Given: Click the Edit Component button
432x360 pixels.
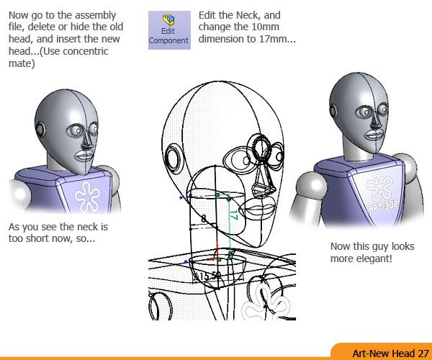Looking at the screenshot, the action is point(169,30).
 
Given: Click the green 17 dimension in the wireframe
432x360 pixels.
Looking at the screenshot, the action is point(233,215).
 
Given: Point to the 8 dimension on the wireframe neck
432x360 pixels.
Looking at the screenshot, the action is point(204,219).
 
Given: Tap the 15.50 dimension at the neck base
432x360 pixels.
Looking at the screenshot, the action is point(207,276).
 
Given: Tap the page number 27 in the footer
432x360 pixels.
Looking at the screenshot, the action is point(423,353).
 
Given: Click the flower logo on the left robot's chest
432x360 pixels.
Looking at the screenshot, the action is point(87,197).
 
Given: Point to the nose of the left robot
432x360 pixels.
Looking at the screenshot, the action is point(87,141).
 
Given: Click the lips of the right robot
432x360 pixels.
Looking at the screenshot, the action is point(373,135).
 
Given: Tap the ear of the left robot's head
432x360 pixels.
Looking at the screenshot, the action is point(40,129).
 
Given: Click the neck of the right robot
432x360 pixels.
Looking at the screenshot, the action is point(356,151).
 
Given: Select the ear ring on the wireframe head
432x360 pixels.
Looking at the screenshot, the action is point(173,158).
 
